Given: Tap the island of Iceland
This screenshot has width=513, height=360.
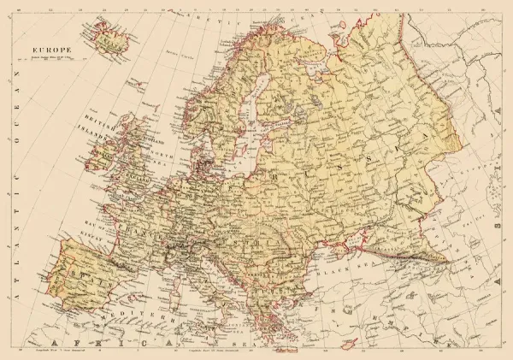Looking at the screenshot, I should pos(109,36).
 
